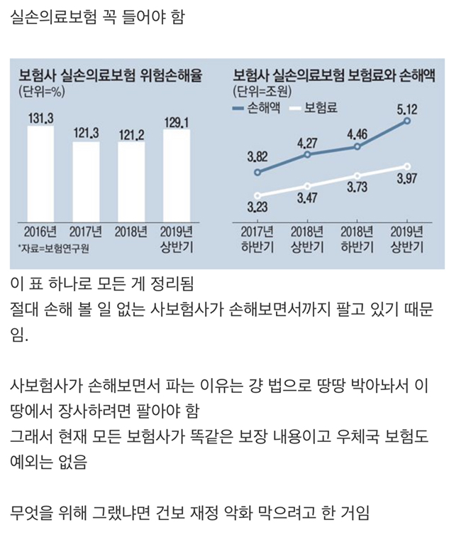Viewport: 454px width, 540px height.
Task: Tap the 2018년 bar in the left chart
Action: [132, 182]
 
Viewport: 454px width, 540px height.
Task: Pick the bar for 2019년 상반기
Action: [177, 175]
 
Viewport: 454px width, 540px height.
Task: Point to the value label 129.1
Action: [177, 123]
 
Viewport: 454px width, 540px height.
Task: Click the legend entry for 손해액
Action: [258, 109]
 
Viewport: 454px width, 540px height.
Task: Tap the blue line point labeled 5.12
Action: [407, 121]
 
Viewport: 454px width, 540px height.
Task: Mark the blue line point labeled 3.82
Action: [258, 172]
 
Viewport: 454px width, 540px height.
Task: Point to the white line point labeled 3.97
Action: [407, 166]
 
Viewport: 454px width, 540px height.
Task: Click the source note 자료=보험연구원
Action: [60, 247]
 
